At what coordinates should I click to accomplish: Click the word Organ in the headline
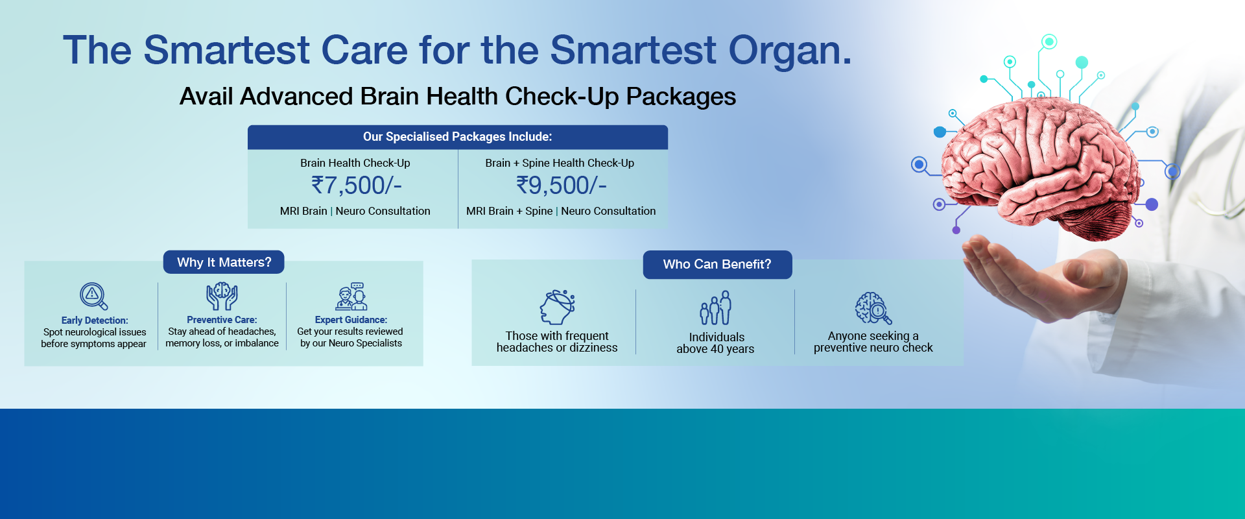[x=788, y=51]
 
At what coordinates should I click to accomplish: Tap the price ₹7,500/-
[x=357, y=186]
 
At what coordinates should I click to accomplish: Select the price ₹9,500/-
[x=562, y=186]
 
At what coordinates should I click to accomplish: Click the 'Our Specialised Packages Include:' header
[x=457, y=137]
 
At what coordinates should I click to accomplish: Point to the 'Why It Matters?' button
[x=224, y=262]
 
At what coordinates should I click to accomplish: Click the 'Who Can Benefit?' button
[x=717, y=265]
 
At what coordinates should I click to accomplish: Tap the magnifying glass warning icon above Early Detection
[x=93, y=296]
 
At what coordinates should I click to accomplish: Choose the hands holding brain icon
[x=222, y=296]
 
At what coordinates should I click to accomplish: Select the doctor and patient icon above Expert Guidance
[x=351, y=296]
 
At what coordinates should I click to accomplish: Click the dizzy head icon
[x=557, y=307]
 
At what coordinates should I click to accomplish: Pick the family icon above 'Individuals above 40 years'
[x=715, y=308]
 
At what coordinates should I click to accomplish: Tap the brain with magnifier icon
[x=873, y=308]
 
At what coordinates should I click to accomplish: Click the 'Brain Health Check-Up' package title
[x=355, y=163]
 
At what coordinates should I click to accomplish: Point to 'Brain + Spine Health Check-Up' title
[x=560, y=163]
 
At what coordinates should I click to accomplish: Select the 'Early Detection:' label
[x=95, y=320]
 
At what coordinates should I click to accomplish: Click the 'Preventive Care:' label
[x=222, y=320]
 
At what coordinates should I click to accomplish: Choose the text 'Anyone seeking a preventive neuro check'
[x=873, y=342]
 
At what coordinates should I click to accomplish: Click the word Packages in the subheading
[x=681, y=97]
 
